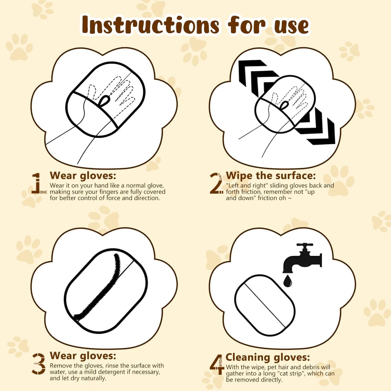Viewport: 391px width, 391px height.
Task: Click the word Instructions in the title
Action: [x=150, y=25]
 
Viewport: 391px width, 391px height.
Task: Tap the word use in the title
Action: [x=291, y=26]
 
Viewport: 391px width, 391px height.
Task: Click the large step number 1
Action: [x=37, y=183]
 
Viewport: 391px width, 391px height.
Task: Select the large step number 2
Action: [x=216, y=183]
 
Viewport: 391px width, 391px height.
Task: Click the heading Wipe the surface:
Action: [x=271, y=176]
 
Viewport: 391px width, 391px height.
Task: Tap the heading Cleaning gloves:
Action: [x=268, y=357]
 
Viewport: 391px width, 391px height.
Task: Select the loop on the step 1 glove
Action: [x=104, y=100]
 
